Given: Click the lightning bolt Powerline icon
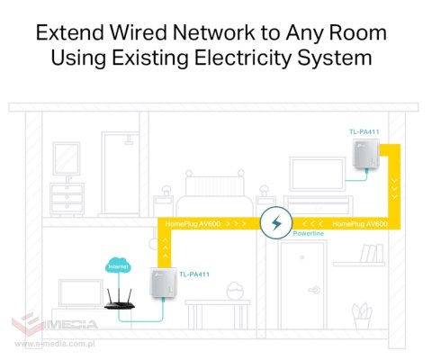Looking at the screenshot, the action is pyautogui.click(x=276, y=223).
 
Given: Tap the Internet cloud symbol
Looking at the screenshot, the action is pyautogui.click(x=118, y=265).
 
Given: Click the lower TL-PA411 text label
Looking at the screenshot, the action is pyautogui.click(x=194, y=274).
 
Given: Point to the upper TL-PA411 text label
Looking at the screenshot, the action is pyautogui.click(x=364, y=131).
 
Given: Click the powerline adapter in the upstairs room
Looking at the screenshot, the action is pyautogui.click(x=366, y=155).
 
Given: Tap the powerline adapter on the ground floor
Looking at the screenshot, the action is pyautogui.click(x=163, y=283).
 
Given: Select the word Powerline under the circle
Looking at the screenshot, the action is pyautogui.click(x=309, y=233).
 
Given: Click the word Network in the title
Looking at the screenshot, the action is pyautogui.click(x=213, y=32).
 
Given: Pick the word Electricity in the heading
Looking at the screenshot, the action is pyautogui.click(x=243, y=58).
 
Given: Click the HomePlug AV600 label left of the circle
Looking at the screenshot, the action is pyautogui.click(x=193, y=224).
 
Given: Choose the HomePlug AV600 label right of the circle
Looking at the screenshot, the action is pyautogui.click(x=360, y=224).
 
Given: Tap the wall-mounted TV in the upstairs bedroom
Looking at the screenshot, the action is pyautogui.click(x=318, y=175).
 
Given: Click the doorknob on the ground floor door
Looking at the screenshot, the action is pyautogui.click(x=314, y=290).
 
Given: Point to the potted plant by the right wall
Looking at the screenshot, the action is pyautogui.click(x=362, y=316).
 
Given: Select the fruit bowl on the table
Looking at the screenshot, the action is pyautogui.click(x=235, y=291).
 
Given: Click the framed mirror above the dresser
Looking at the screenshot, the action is pyautogui.click(x=67, y=158).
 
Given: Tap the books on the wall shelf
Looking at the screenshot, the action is pyautogui.click(x=372, y=254).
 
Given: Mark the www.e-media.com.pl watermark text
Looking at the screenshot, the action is pyautogui.click(x=55, y=344).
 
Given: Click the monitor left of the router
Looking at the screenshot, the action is pyautogui.click(x=81, y=293).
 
